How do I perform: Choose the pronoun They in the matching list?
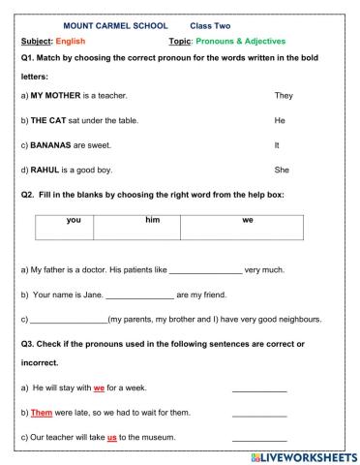click(x=284, y=97)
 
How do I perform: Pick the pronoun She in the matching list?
click(x=283, y=169)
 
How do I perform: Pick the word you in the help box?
click(x=74, y=221)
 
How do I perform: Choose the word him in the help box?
click(x=152, y=221)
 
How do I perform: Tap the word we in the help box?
click(x=247, y=221)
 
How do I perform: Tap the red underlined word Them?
click(x=41, y=413)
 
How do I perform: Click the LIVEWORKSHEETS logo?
click(x=303, y=455)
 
